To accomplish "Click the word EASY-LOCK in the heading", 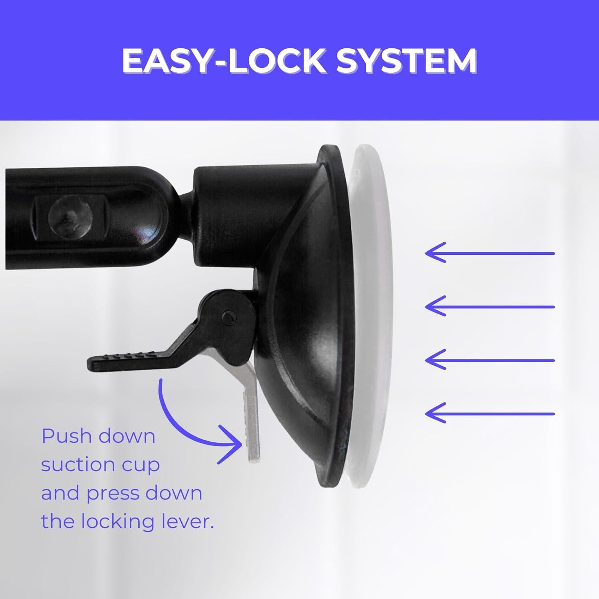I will coord(224,61).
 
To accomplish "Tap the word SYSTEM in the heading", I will coord(406,61).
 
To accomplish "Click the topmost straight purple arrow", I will coord(490,253).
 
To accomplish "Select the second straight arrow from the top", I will coord(490,307).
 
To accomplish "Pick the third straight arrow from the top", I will coord(490,360).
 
